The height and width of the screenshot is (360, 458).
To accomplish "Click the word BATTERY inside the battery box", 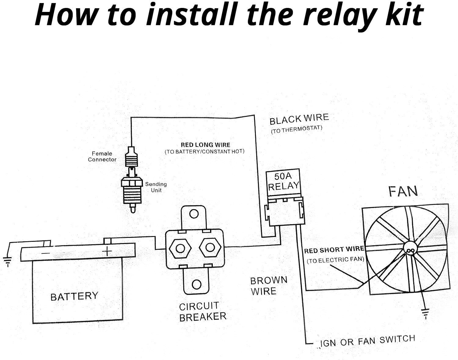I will point(74,296).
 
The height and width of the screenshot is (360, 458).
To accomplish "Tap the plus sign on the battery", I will point(107,251).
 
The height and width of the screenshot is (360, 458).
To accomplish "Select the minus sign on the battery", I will point(45,253).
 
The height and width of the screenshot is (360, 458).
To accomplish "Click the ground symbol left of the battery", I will point(7,261).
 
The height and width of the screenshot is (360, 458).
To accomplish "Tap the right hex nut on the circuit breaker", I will point(210,247).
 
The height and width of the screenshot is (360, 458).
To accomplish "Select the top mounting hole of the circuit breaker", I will point(194,213).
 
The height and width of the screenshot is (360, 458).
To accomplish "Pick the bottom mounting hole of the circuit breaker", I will point(197,284).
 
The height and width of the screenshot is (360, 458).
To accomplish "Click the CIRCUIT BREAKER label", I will point(202,311).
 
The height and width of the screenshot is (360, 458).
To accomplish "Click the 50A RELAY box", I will point(283,181).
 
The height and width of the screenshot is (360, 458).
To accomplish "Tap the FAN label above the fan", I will point(403,191).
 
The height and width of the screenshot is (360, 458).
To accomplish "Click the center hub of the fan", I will point(410,250).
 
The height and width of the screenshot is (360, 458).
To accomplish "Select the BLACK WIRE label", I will point(299,119).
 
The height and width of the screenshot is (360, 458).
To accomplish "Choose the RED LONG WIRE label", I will point(205,145).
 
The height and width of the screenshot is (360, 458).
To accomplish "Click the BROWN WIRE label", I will point(268,285).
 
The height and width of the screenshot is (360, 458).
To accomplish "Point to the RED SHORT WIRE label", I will point(334,250).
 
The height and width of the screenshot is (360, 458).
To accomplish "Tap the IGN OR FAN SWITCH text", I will point(367,341).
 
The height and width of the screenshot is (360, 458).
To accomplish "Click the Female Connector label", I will point(102,156).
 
